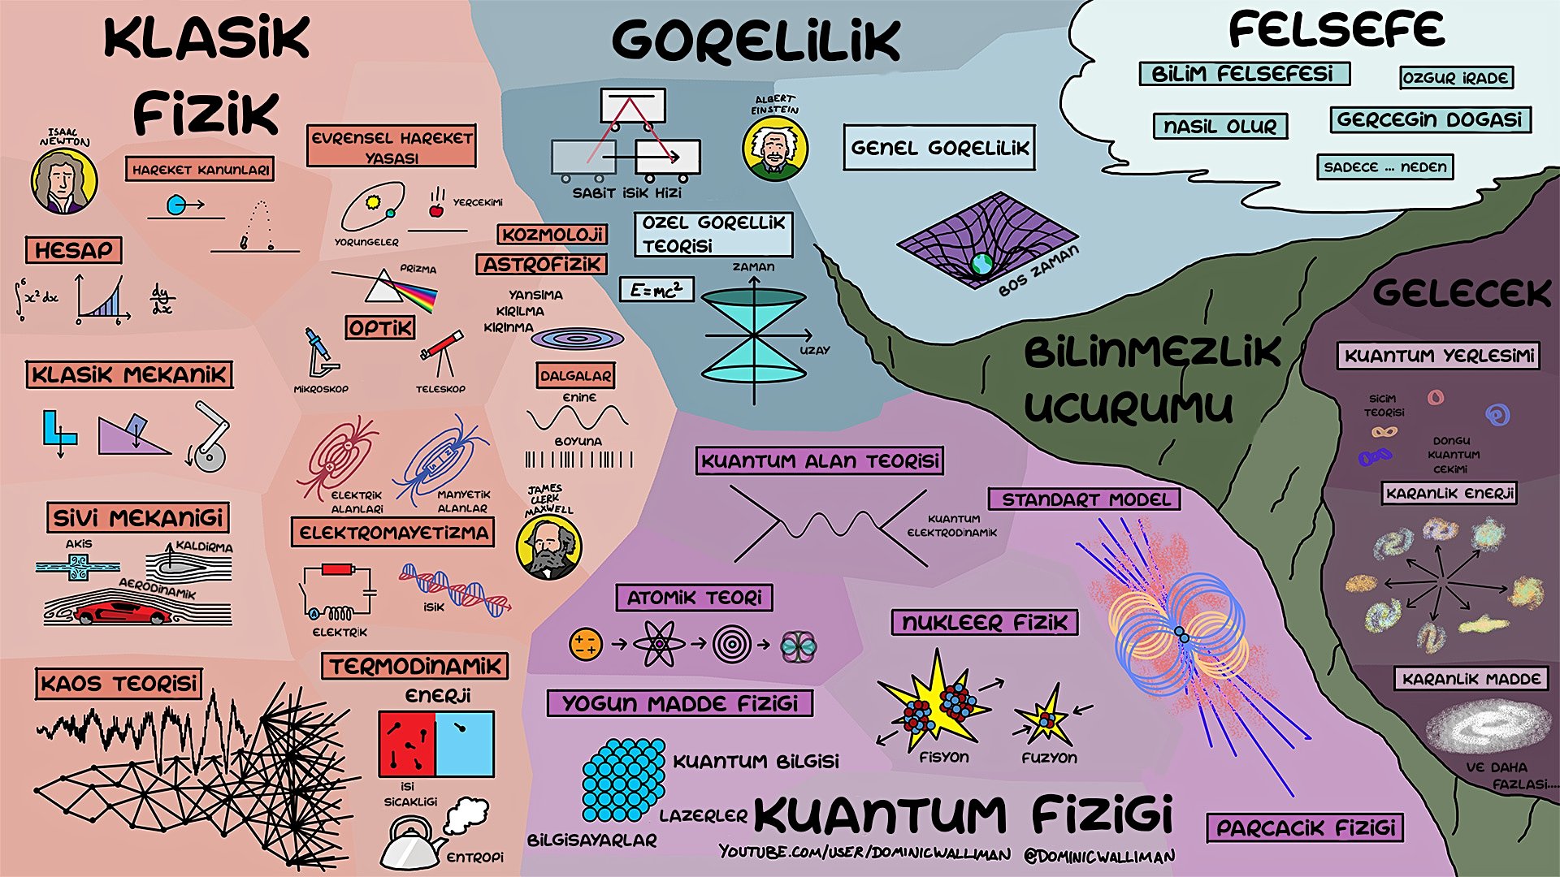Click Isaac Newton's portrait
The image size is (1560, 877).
pyautogui.click(x=64, y=181)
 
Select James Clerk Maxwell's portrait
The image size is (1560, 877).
pyautogui.click(x=548, y=547)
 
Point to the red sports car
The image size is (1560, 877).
pyautogui.click(x=122, y=613)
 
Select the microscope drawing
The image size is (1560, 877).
pyautogui.click(x=320, y=352)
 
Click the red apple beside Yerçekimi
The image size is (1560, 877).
pyautogui.click(x=436, y=210)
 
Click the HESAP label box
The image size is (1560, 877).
pyautogui.click(x=73, y=250)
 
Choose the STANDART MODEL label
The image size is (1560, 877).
pyautogui.click(x=1085, y=499)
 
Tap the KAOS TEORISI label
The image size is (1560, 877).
pyautogui.click(x=119, y=684)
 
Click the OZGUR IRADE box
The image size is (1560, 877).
pyautogui.click(x=1456, y=78)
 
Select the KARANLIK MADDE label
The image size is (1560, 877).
pyautogui.click(x=1471, y=679)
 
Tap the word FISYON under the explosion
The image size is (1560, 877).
pyautogui.click(x=943, y=758)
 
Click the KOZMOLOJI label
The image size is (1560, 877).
pyautogui.click(x=552, y=235)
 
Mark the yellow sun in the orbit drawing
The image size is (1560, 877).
pyautogui.click(x=373, y=201)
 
